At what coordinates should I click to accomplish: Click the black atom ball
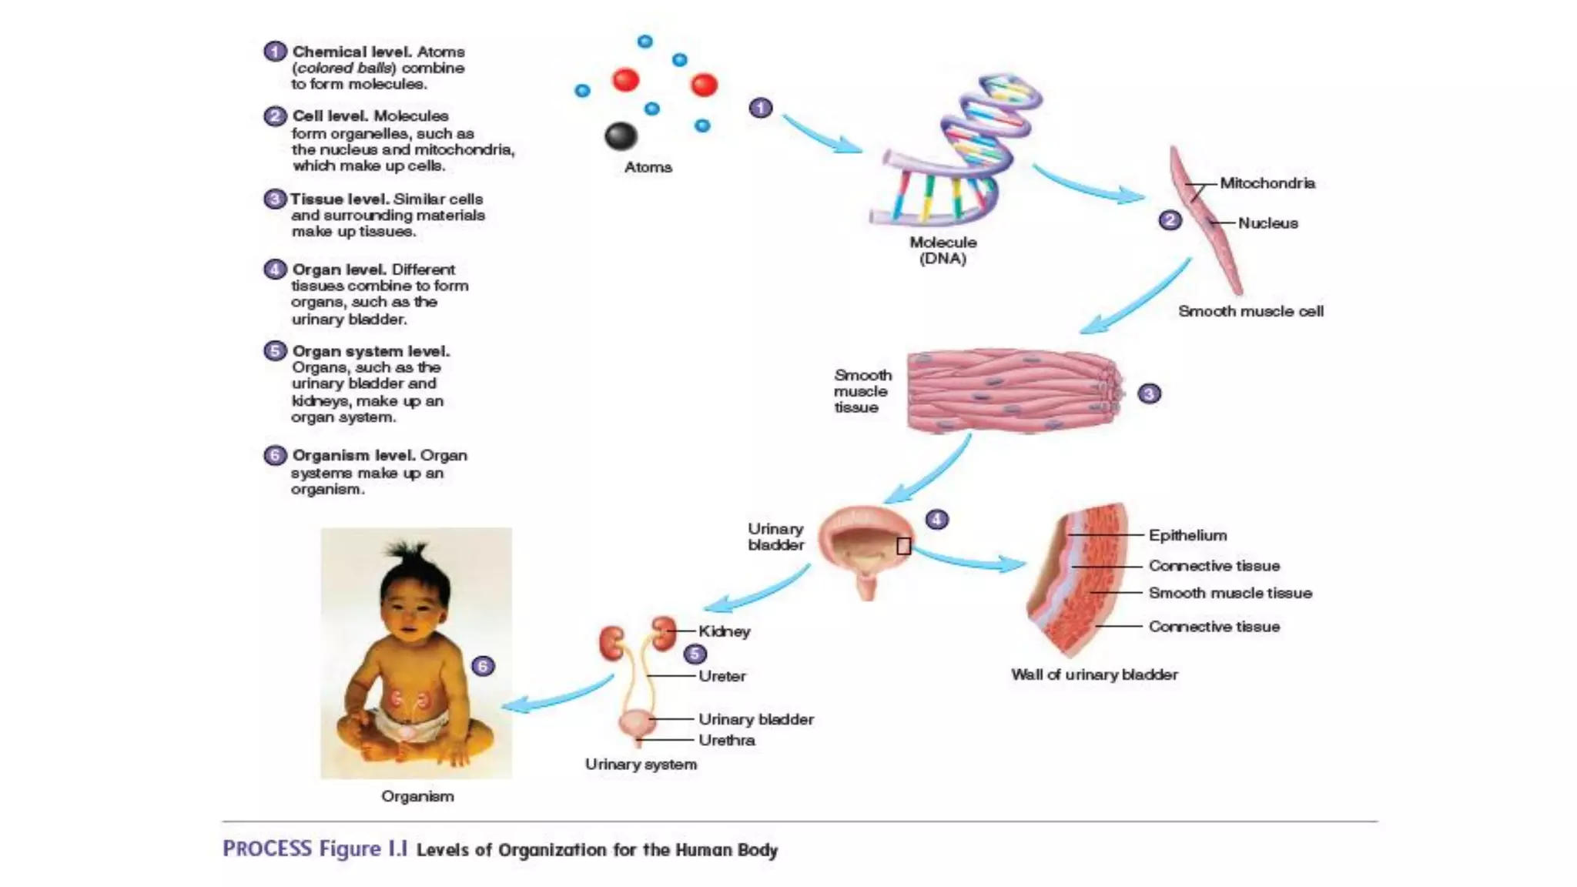[x=621, y=136]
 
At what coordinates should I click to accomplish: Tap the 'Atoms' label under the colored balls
[x=648, y=167]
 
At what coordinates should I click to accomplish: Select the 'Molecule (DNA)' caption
[x=943, y=250]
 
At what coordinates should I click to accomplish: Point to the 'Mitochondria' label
[x=1267, y=183]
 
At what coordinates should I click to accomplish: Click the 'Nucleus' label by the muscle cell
[x=1267, y=223]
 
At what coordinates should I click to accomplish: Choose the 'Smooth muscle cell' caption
[x=1251, y=311]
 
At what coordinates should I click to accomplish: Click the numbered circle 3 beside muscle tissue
[x=1149, y=394]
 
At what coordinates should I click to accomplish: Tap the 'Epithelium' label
[x=1187, y=535]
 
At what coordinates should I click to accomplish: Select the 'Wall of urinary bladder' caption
[x=1094, y=674]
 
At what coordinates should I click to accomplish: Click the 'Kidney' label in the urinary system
[x=724, y=631]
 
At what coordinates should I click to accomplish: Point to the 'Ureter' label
[x=722, y=676]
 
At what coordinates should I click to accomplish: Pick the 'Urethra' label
[x=726, y=740]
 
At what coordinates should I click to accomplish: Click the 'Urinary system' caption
[x=641, y=765]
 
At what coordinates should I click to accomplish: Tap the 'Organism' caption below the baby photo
[x=417, y=796]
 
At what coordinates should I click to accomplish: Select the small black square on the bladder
[x=904, y=546]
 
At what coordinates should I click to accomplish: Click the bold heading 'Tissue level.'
[x=339, y=199]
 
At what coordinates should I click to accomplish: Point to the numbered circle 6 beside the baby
[x=483, y=666]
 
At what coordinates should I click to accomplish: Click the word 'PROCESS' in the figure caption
[x=267, y=849]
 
